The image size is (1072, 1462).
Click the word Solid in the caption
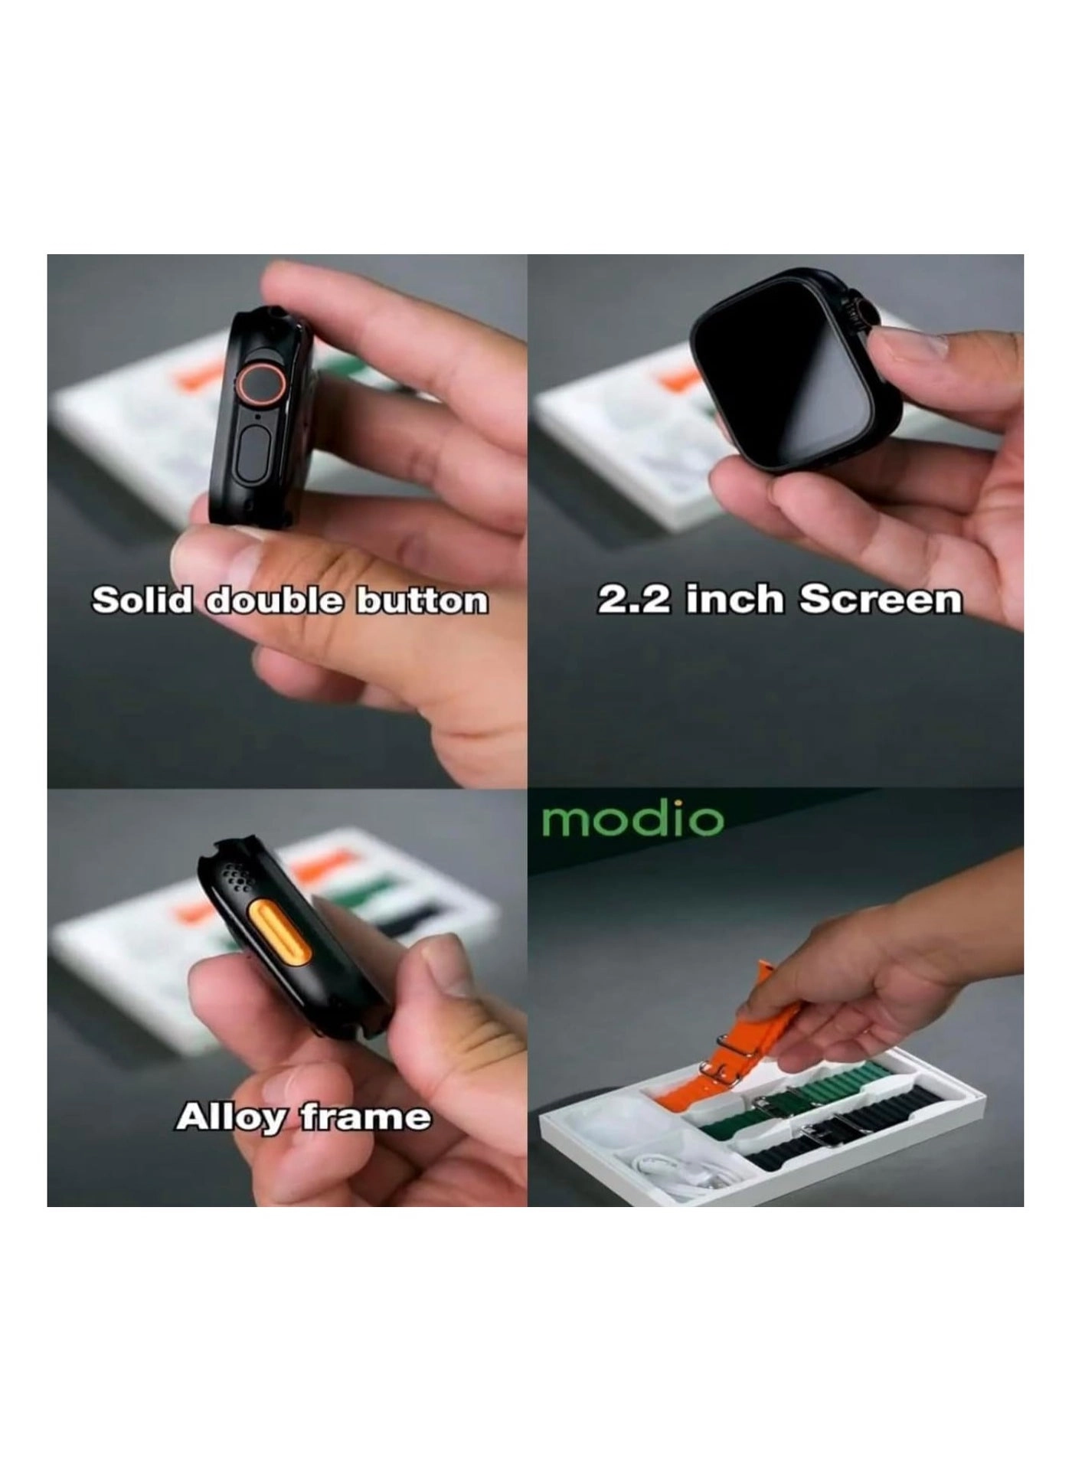(x=140, y=601)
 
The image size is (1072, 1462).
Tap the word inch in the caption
(x=735, y=600)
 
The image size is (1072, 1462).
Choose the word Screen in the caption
(x=880, y=600)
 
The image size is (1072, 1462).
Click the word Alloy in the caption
(x=229, y=1118)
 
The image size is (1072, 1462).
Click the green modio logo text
(x=632, y=820)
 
